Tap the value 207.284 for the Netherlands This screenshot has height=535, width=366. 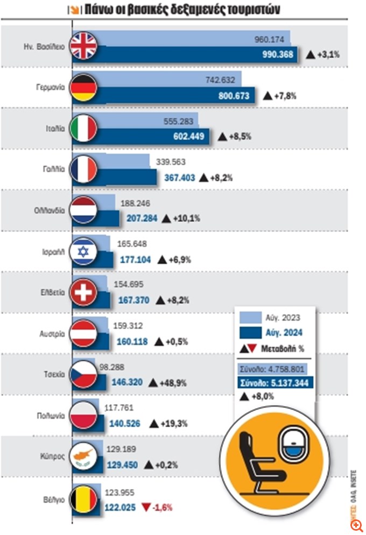[142, 219]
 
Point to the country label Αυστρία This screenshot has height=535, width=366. [53, 333]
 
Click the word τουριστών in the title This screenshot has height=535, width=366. [256, 9]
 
